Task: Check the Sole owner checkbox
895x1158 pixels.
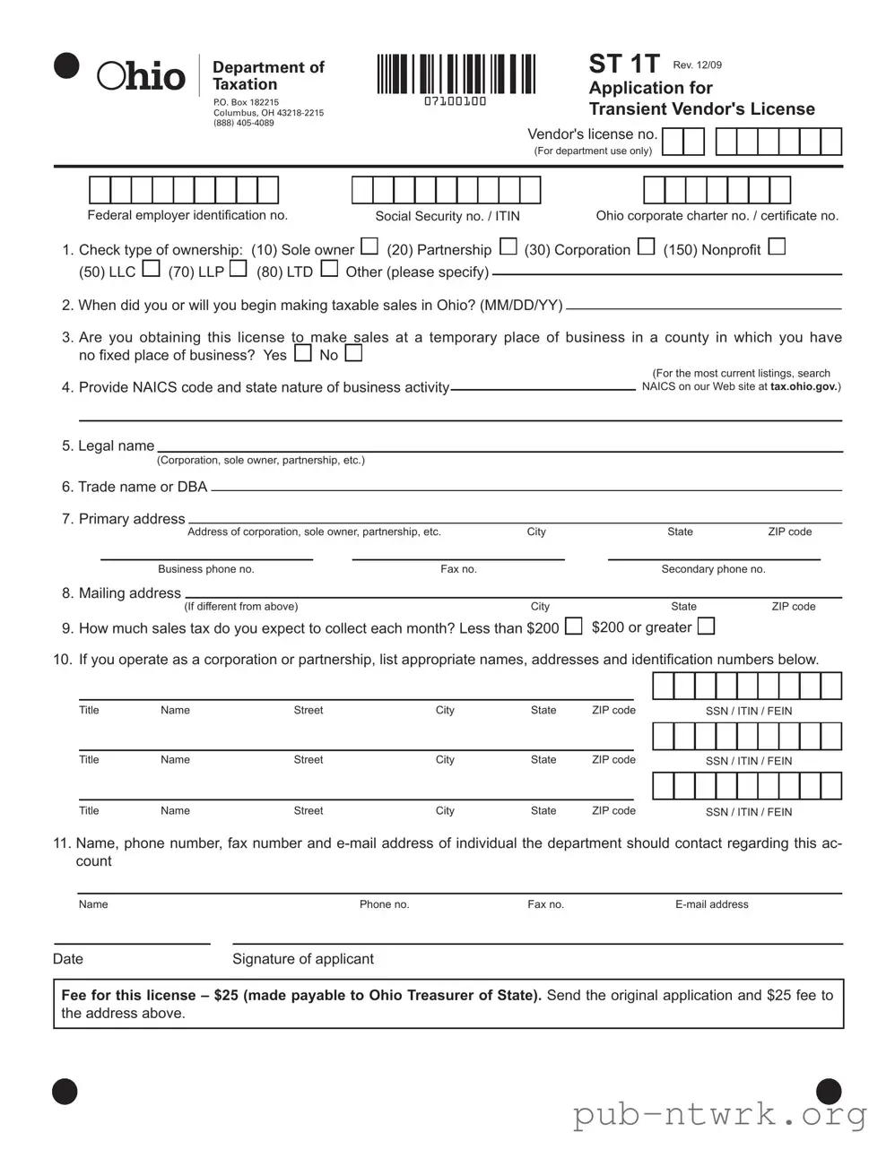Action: pyautogui.click(x=369, y=246)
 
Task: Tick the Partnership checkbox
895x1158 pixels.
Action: pyautogui.click(x=508, y=246)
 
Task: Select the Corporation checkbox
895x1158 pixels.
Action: pyautogui.click(x=646, y=246)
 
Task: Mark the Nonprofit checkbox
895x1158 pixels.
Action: pyautogui.click(x=777, y=246)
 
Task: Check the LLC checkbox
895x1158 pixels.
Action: pyautogui.click(x=151, y=268)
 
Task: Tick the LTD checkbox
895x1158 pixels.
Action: pyautogui.click(x=329, y=268)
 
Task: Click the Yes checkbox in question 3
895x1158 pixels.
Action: pyautogui.click(x=303, y=353)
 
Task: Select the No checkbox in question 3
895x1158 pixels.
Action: pyautogui.click(x=353, y=353)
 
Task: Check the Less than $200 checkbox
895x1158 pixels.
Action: pyautogui.click(x=573, y=626)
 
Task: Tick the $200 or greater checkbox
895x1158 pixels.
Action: pyautogui.click(x=706, y=626)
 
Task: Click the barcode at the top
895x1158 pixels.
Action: pyautogui.click(x=456, y=74)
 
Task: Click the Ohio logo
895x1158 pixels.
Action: pyautogui.click(x=141, y=76)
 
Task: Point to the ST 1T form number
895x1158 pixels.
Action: pyautogui.click(x=623, y=64)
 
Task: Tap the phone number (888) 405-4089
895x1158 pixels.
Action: pyautogui.click(x=243, y=123)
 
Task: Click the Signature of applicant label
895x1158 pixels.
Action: pyautogui.click(x=302, y=959)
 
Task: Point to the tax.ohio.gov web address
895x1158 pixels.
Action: pyautogui.click(x=804, y=387)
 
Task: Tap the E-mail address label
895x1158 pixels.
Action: pyautogui.click(x=711, y=904)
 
